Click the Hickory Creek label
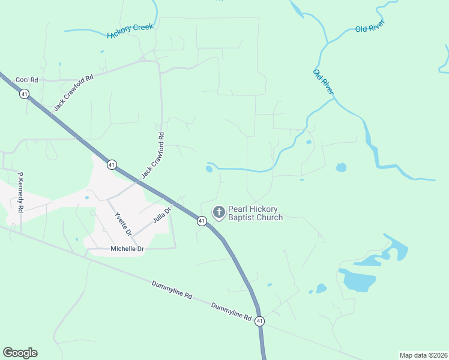[130, 31]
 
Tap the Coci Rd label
[26, 80]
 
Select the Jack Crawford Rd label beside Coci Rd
[74, 92]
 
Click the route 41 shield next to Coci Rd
[24, 94]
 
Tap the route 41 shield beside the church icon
[202, 221]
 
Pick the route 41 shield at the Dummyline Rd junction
[259, 321]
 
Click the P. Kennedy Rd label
[20, 193]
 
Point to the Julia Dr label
[162, 214]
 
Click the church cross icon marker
[219, 212]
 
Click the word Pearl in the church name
[238, 209]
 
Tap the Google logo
[20, 353]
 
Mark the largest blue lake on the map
[357, 280]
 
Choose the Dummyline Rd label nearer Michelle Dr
[172, 289]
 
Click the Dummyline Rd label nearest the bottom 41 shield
[231, 310]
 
